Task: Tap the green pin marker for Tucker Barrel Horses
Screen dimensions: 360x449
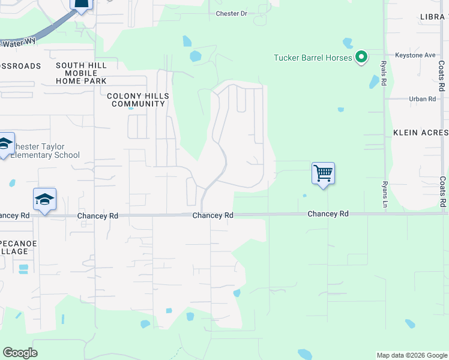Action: [x=361, y=58]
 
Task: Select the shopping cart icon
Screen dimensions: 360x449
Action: [x=323, y=174]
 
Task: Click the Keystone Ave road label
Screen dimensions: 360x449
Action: [x=415, y=55]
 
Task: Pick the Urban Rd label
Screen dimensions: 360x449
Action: [x=422, y=99]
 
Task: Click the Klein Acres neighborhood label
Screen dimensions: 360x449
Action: [x=420, y=132]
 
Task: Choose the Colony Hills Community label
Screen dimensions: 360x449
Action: [x=137, y=100]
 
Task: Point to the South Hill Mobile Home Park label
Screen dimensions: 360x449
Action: [x=81, y=73]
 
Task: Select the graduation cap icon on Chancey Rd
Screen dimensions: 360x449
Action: [x=44, y=200]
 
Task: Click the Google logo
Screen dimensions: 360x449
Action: [x=20, y=353]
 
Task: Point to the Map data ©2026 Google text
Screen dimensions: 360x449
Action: [x=411, y=355]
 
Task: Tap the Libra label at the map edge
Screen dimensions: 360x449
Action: [x=435, y=17]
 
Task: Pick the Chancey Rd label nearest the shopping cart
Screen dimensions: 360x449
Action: [x=328, y=214]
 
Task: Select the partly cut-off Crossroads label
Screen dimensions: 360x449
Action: [x=20, y=66]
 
